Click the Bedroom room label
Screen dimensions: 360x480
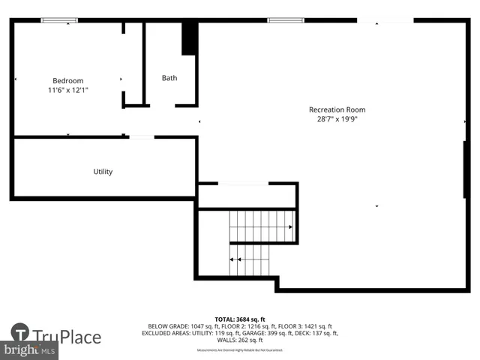(67, 80)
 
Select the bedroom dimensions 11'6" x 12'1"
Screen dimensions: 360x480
(67, 90)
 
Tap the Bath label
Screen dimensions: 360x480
(169, 78)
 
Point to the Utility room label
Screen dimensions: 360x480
(103, 172)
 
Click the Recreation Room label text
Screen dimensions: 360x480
(337, 109)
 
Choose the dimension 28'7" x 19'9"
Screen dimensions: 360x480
(337, 118)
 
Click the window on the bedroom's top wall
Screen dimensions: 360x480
(59, 20)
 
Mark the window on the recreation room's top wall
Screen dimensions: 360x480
(286, 20)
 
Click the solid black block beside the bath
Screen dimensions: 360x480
(190, 38)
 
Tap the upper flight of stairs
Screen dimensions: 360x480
(261, 226)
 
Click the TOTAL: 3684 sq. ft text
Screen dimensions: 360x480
(240, 319)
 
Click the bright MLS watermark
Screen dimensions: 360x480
(29, 350)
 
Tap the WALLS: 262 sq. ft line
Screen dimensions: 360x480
(240, 340)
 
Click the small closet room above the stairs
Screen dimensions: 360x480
(247, 196)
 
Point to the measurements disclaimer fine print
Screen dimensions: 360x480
(240, 349)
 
